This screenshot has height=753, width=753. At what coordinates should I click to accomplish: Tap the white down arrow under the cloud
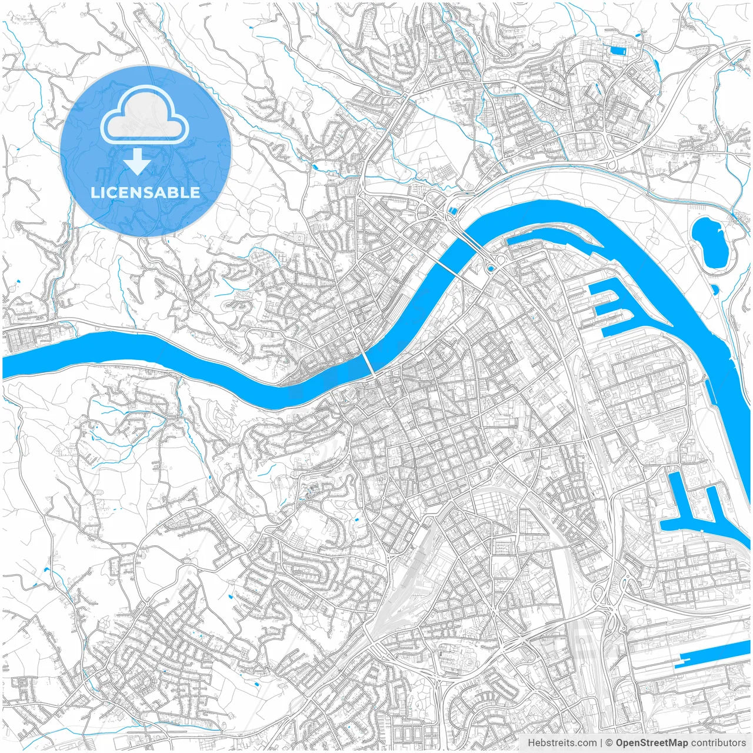pyautogui.click(x=137, y=161)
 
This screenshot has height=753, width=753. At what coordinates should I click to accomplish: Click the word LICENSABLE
pyautogui.click(x=145, y=192)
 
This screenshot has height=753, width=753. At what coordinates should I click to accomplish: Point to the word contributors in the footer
pyautogui.click(x=718, y=743)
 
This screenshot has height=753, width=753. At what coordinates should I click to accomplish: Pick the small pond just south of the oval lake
pyautogui.click(x=715, y=289)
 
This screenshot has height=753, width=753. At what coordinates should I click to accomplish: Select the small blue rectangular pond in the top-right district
pyautogui.click(x=618, y=51)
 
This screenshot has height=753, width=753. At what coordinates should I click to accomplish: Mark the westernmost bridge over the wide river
pyautogui.click(x=368, y=359)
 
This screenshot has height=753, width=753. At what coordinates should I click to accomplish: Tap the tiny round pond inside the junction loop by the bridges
pyautogui.click(x=492, y=269)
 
